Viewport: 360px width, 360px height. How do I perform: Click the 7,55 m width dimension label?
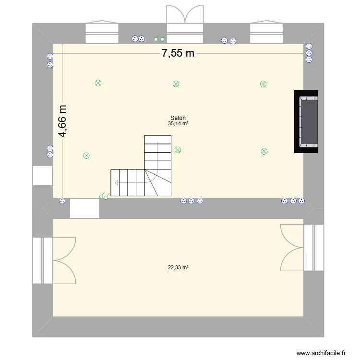(178, 53)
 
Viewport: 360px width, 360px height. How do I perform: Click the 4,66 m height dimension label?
(63, 122)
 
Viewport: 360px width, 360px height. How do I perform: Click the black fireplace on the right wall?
(307, 122)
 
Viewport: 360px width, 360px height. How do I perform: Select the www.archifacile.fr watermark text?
(321, 353)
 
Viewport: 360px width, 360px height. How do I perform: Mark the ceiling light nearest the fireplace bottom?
(264, 151)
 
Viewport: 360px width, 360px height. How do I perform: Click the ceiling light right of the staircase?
(178, 150)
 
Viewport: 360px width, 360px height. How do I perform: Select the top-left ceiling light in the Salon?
(98, 83)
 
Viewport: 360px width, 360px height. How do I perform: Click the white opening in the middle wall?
(84, 208)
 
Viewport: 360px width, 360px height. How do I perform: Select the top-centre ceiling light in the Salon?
(176, 84)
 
